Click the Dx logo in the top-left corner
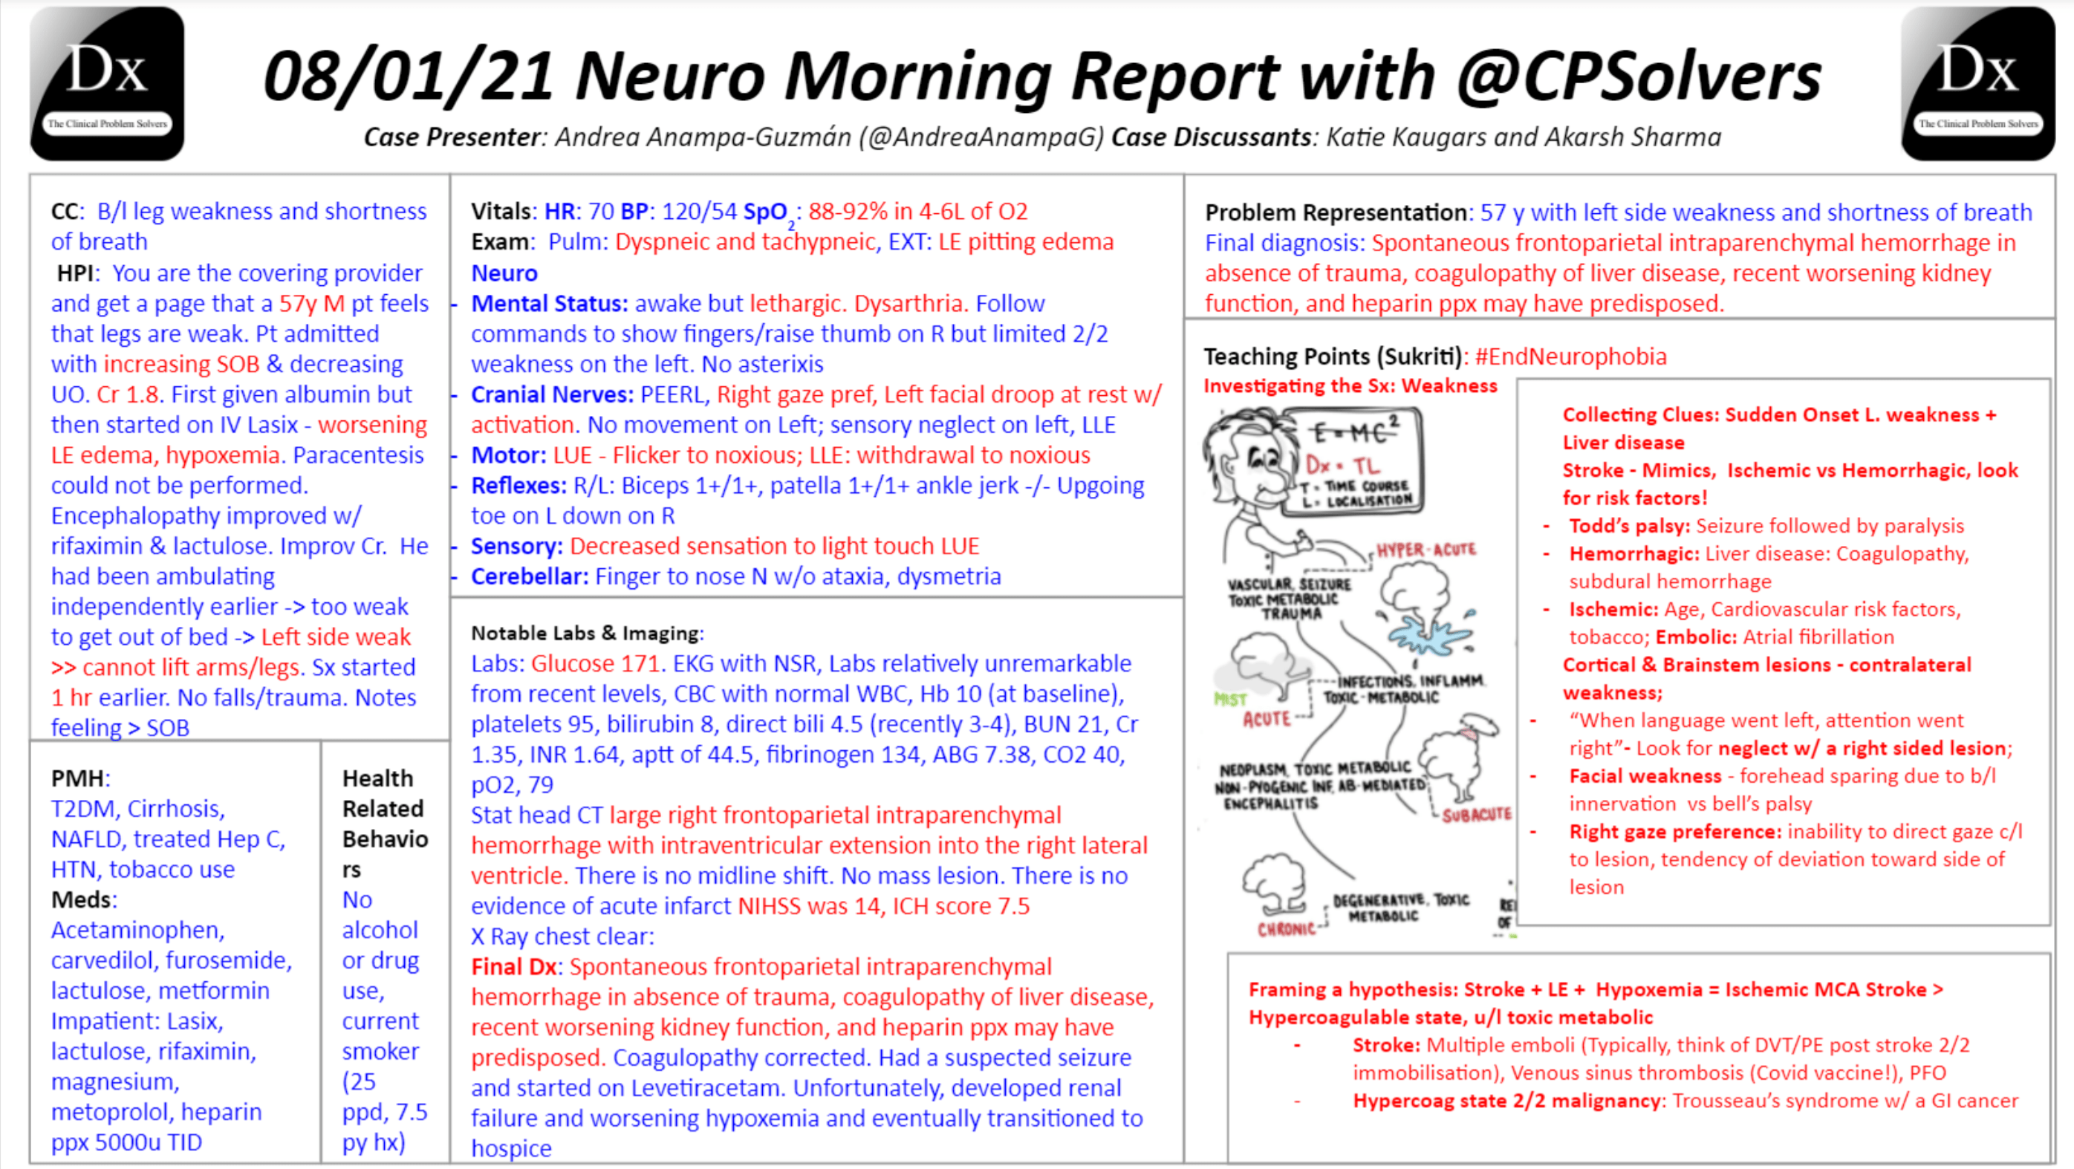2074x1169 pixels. [x=107, y=83]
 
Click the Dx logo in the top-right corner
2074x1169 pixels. [x=1977, y=83]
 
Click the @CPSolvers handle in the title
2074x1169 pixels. [x=1639, y=76]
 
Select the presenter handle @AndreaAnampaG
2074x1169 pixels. [x=981, y=137]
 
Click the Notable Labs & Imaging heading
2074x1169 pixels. [x=587, y=633]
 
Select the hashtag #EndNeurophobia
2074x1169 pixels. [x=1570, y=356]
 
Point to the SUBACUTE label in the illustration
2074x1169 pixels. [x=1476, y=815]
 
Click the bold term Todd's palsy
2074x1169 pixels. [x=1630, y=526]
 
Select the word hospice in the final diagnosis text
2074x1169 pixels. [x=511, y=1148]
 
